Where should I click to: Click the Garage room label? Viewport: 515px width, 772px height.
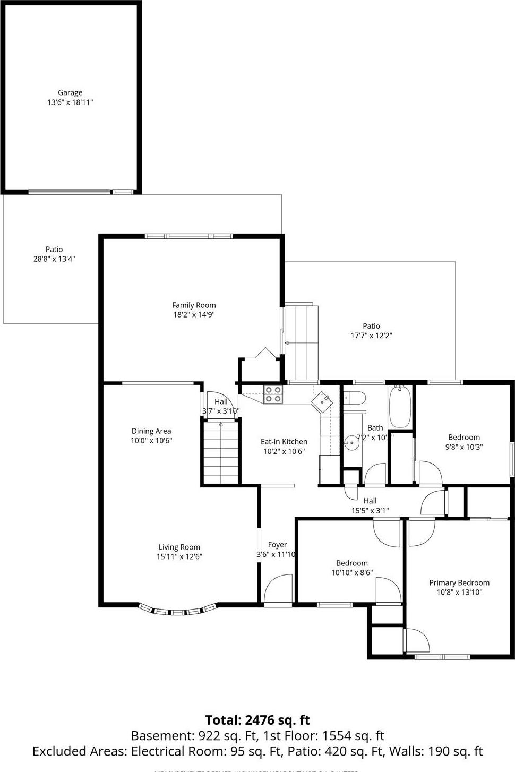tap(70, 92)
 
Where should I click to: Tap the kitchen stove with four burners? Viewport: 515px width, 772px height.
tap(273, 394)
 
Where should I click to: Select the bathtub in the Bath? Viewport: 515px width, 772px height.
tap(399, 407)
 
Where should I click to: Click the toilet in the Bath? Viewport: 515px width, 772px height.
tap(355, 397)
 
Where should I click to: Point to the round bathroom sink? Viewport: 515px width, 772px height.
tap(351, 442)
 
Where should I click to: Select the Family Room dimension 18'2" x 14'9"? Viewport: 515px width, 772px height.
tap(194, 314)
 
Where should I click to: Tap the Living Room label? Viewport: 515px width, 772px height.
tap(179, 547)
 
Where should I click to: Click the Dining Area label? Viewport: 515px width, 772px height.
tap(151, 431)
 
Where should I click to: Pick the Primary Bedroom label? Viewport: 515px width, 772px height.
tap(459, 582)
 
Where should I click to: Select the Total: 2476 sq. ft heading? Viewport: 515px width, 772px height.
tap(257, 720)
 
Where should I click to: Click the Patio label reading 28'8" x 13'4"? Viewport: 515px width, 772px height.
tap(54, 259)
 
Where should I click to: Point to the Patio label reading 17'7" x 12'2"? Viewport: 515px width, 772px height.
tap(371, 336)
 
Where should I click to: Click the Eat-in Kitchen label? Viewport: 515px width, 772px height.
tap(284, 441)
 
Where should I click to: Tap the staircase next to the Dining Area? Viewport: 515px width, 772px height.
tap(220, 451)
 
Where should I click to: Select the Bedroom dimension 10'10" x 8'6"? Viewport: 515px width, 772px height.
tap(352, 573)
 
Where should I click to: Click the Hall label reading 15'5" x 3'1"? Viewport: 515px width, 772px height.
tap(370, 511)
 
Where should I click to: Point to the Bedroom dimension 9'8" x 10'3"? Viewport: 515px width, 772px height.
tap(464, 447)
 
